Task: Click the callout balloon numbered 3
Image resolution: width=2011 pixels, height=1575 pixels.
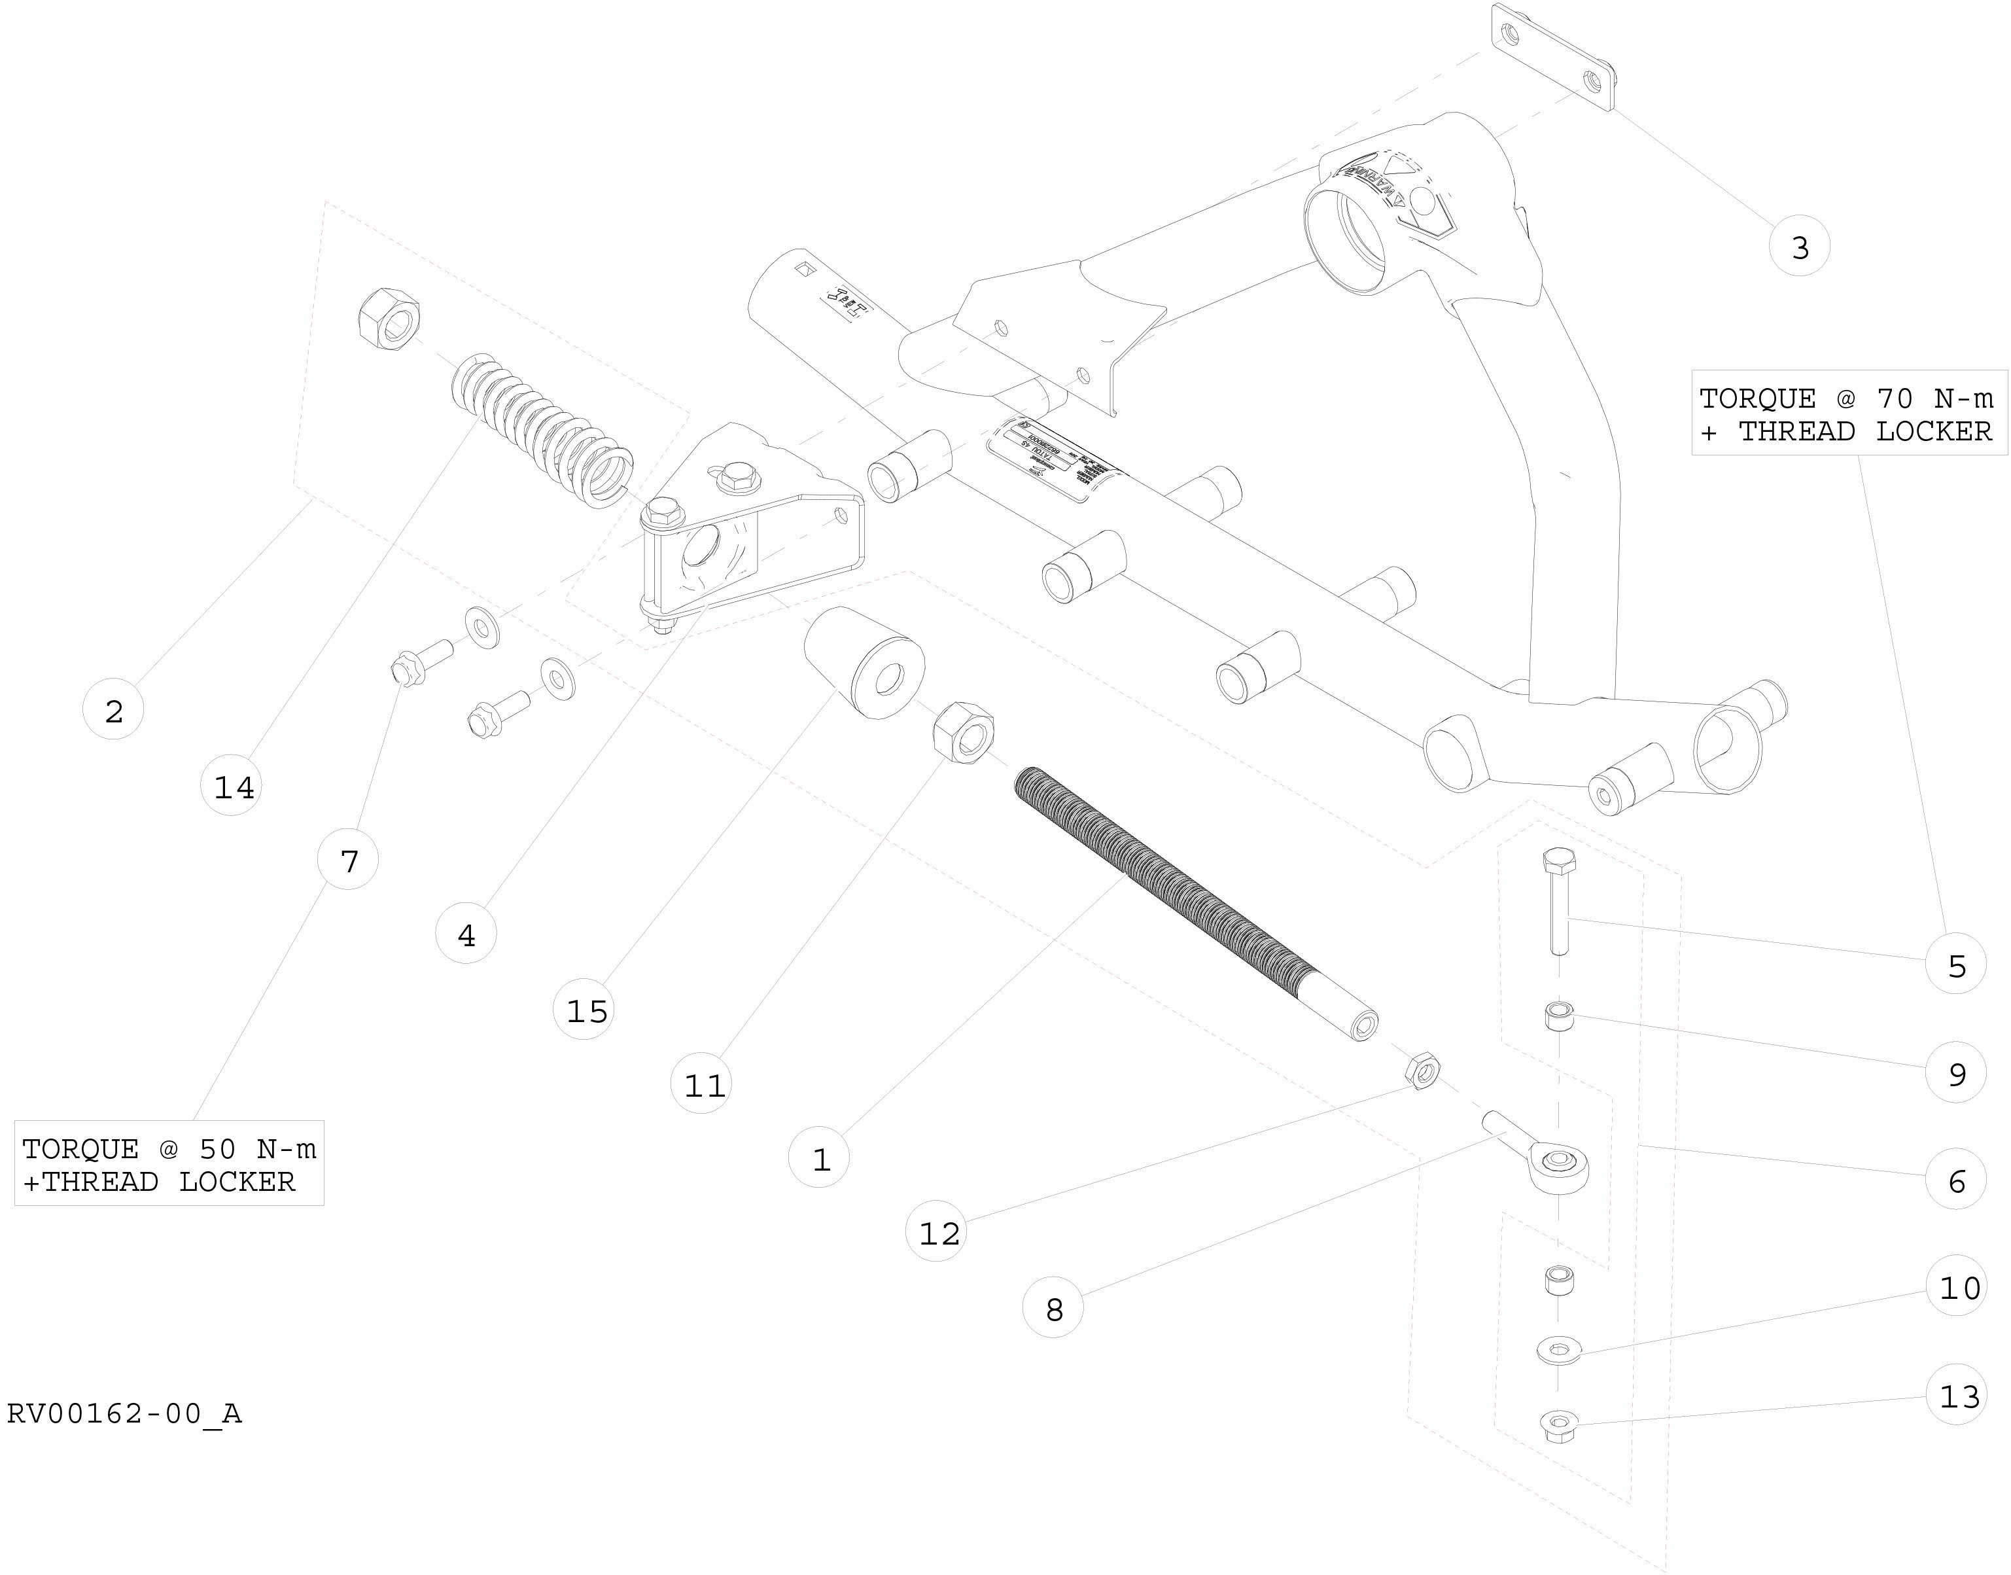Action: pos(1799,246)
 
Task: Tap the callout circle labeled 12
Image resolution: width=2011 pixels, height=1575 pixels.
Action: pos(937,1232)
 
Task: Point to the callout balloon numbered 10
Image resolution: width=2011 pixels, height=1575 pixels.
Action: pos(1957,1286)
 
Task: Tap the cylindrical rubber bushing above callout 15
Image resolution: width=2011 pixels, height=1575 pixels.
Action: pos(864,662)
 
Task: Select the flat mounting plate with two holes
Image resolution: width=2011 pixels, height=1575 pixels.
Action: pos(1552,57)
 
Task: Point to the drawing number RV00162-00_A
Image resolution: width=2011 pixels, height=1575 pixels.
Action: pos(124,1413)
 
